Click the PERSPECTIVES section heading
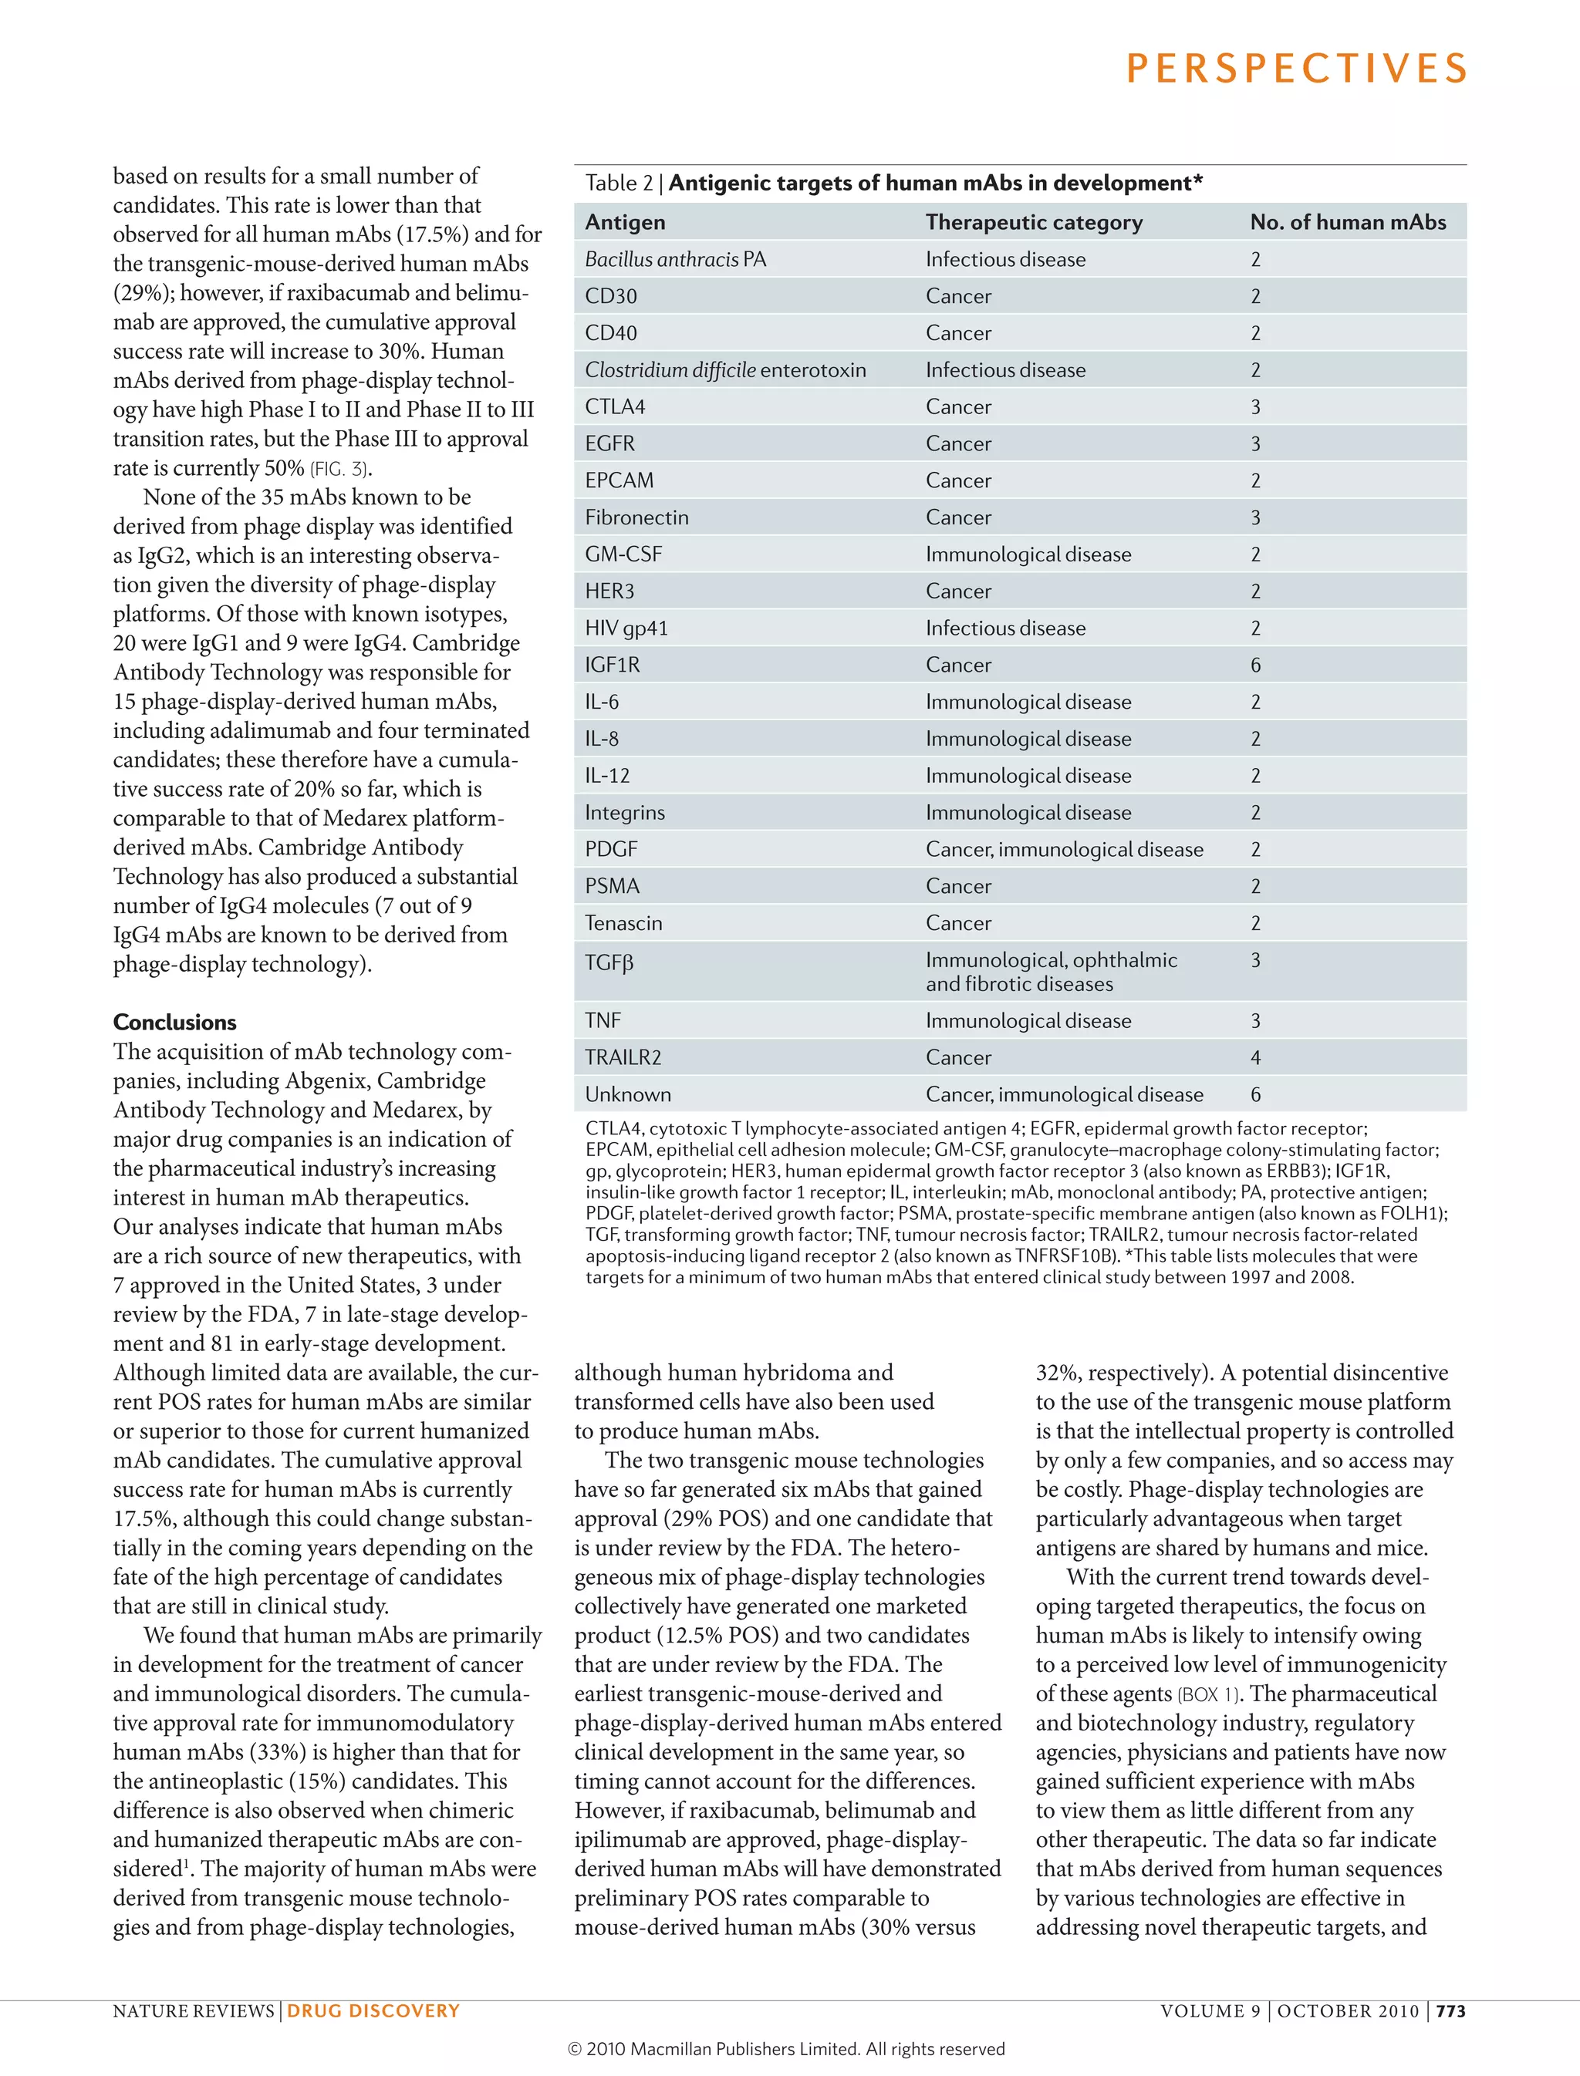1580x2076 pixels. [x=1296, y=69]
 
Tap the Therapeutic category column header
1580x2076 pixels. [x=1034, y=222]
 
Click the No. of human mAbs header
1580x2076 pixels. [x=1347, y=222]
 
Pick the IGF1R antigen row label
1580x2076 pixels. [x=613, y=665]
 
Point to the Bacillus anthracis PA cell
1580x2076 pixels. [x=674, y=259]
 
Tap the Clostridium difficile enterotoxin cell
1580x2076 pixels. [x=725, y=369]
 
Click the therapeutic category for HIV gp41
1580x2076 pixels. [x=1004, y=628]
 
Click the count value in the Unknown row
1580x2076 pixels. [x=1255, y=1094]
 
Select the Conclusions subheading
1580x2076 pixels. [x=175, y=1022]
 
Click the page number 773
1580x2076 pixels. [x=1450, y=2010]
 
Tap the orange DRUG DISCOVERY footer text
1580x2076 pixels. [x=373, y=2010]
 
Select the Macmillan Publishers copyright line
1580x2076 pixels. [x=786, y=2049]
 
